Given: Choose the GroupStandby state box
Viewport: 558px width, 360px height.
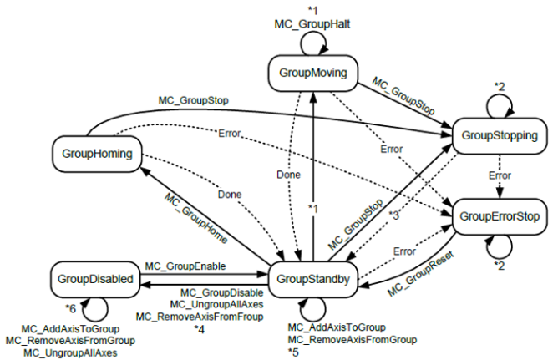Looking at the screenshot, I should (x=313, y=278).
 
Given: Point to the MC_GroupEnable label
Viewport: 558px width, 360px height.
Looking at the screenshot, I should (x=187, y=266).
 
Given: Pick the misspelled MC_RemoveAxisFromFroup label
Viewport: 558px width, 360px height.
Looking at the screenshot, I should (x=200, y=316).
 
